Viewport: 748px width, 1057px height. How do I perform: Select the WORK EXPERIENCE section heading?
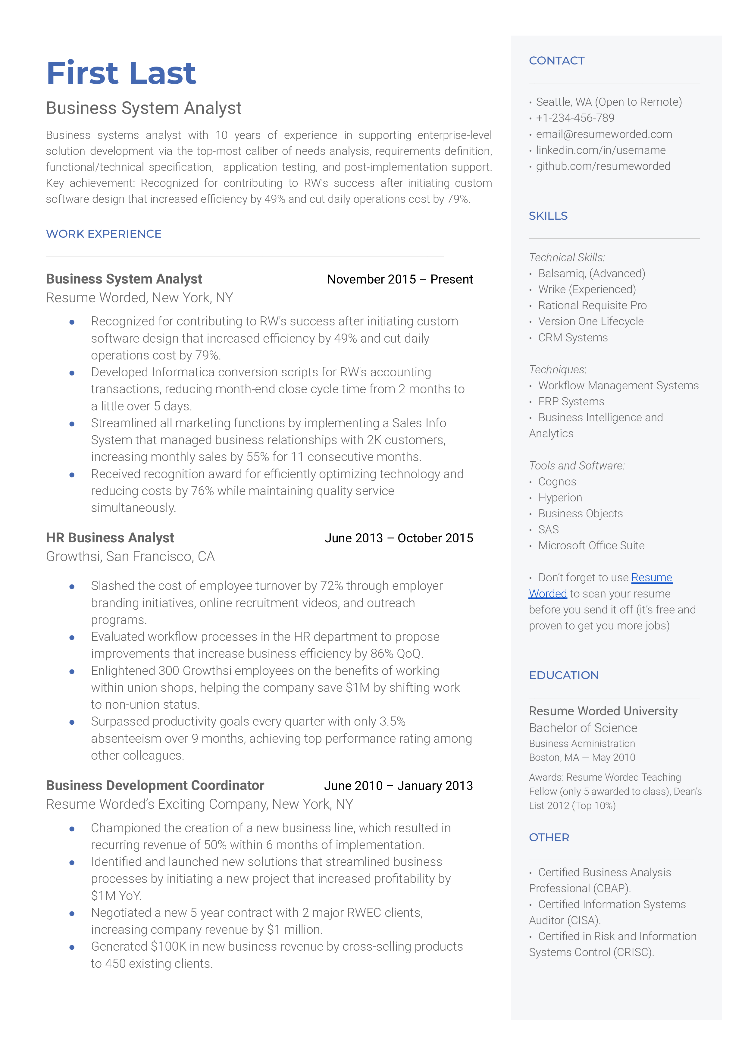pyautogui.click(x=104, y=234)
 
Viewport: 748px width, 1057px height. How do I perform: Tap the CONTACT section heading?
pyautogui.click(x=556, y=61)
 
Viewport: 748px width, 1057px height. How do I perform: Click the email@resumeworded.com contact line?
pyautogui.click(x=603, y=134)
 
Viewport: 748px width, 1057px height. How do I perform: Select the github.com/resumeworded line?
pyautogui.click(x=603, y=166)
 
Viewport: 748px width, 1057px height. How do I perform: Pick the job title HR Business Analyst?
pyautogui.click(x=110, y=538)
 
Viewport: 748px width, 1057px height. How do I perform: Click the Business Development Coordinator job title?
pyautogui.click(x=155, y=785)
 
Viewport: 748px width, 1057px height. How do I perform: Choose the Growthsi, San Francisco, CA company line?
pyautogui.click(x=130, y=556)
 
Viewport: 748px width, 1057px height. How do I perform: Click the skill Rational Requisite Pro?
pyautogui.click(x=592, y=305)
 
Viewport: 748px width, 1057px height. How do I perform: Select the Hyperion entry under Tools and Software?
pyautogui.click(x=560, y=497)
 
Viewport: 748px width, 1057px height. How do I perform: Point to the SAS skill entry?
pyautogui.click(x=548, y=530)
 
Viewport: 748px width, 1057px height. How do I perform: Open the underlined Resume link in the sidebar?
pyautogui.click(x=651, y=578)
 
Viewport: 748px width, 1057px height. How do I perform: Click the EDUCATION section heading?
pyautogui.click(x=564, y=675)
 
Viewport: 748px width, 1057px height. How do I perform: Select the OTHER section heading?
pyautogui.click(x=549, y=837)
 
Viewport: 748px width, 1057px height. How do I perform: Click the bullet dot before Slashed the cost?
pyautogui.click(x=72, y=587)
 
